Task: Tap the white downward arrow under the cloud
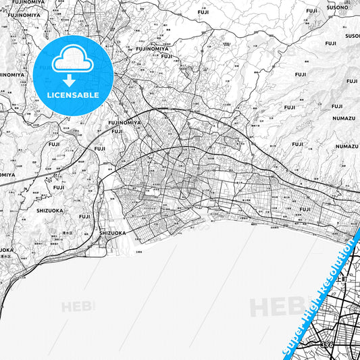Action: pyautogui.click(x=68, y=80)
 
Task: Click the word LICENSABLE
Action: pyautogui.click(x=74, y=95)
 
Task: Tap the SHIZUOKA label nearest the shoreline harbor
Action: pyautogui.click(x=112, y=233)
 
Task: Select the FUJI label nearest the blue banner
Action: pyautogui.click(x=305, y=209)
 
